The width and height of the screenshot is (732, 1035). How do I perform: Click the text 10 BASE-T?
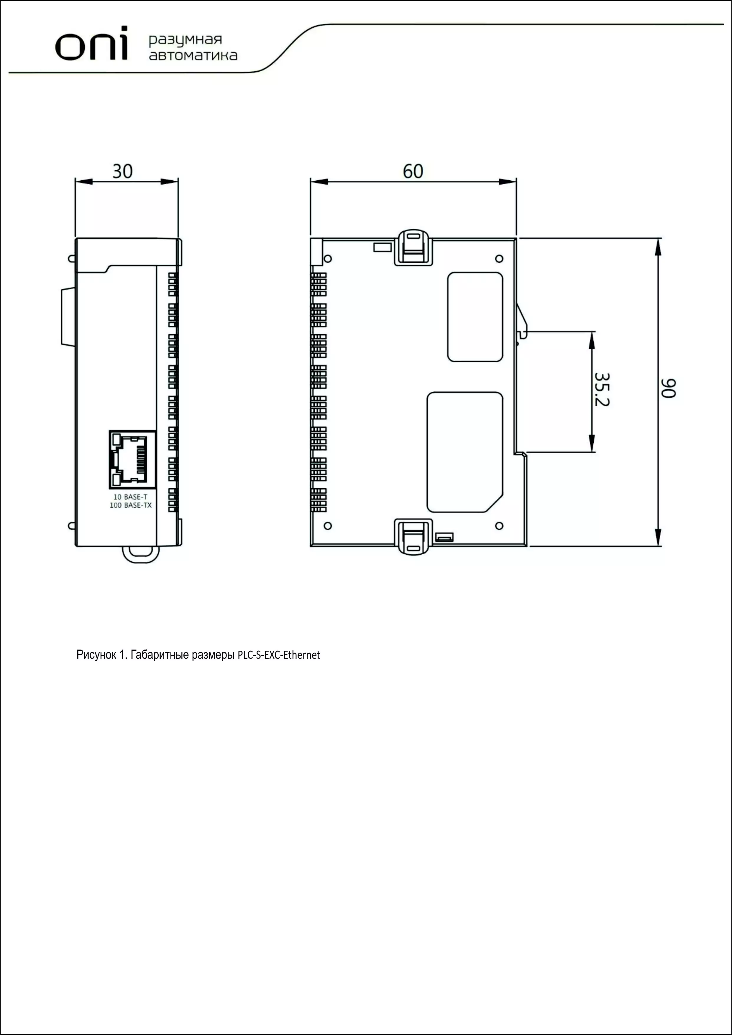coord(130,497)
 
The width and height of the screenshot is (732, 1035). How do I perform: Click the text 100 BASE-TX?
coord(131,505)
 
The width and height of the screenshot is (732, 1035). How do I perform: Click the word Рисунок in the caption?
coord(96,655)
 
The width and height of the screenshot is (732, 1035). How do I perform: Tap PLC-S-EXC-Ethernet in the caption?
coord(279,655)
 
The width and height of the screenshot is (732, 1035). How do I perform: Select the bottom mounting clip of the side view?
coord(413,537)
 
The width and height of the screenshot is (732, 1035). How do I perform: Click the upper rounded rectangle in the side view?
coord(475,317)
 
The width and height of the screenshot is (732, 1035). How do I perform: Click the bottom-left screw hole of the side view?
coord(328,526)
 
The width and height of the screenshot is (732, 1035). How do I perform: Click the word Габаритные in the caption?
coord(159,655)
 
